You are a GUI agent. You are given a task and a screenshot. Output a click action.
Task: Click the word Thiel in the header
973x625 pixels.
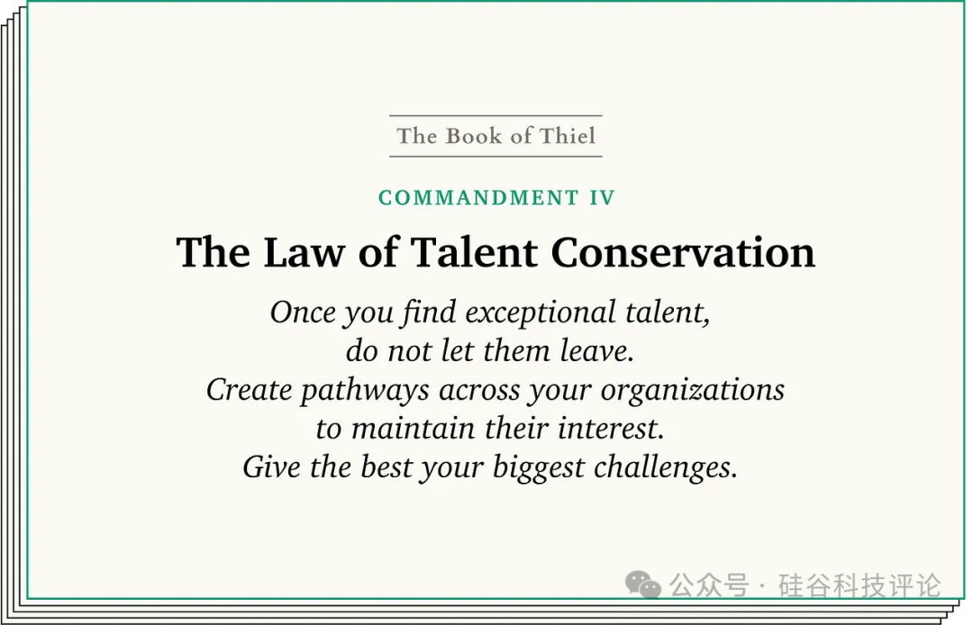(x=568, y=136)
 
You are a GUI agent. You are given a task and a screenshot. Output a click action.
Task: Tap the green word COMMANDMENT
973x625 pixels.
(x=478, y=198)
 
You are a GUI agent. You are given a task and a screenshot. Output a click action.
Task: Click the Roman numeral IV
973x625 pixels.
(x=602, y=198)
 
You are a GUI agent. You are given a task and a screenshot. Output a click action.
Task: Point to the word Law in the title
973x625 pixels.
(x=304, y=252)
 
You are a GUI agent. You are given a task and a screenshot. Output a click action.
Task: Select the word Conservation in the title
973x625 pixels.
(x=683, y=252)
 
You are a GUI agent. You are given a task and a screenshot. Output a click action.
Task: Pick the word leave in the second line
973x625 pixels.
(x=597, y=351)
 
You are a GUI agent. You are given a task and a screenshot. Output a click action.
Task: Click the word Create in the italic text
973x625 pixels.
(x=249, y=390)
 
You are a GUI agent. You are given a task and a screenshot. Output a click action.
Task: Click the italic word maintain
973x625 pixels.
(x=414, y=429)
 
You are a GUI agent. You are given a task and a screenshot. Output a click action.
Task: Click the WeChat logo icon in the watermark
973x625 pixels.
(x=643, y=584)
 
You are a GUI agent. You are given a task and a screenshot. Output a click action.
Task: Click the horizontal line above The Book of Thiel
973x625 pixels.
(x=496, y=115)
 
